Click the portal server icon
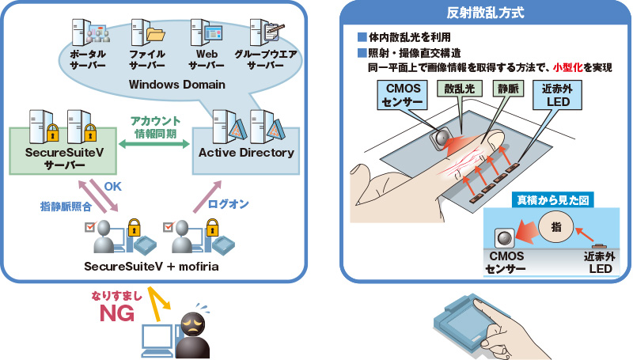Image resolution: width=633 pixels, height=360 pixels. coord(91,32)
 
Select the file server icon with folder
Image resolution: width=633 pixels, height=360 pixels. coord(148,32)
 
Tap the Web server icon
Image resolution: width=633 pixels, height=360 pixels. coord(207,32)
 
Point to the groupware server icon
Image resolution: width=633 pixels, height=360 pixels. coord(266,32)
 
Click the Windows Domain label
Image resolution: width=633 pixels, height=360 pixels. coord(176,85)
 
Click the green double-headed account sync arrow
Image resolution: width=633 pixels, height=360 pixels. coord(154,144)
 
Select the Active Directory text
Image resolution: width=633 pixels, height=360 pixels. coord(246,153)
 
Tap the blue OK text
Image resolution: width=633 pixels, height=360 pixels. coord(112,186)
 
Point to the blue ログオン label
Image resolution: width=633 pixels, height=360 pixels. coord(228,204)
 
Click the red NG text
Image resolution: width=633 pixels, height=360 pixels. coord(117,313)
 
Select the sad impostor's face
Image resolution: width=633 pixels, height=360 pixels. coord(192,325)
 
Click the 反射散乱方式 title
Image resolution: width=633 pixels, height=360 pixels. coord(485,13)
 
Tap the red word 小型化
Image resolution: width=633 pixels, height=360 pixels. coord(568,67)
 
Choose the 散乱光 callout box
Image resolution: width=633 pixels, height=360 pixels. coord(460,89)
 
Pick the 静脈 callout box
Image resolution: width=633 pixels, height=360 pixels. coord(508,89)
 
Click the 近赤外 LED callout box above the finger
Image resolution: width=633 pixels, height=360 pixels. coord(557,95)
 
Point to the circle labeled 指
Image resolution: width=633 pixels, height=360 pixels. coord(556,227)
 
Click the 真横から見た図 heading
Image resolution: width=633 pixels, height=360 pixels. coord(552,200)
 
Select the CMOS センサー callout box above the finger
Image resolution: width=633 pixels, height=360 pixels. coord(403,95)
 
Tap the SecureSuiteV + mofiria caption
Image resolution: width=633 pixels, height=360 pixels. coord(151,267)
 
